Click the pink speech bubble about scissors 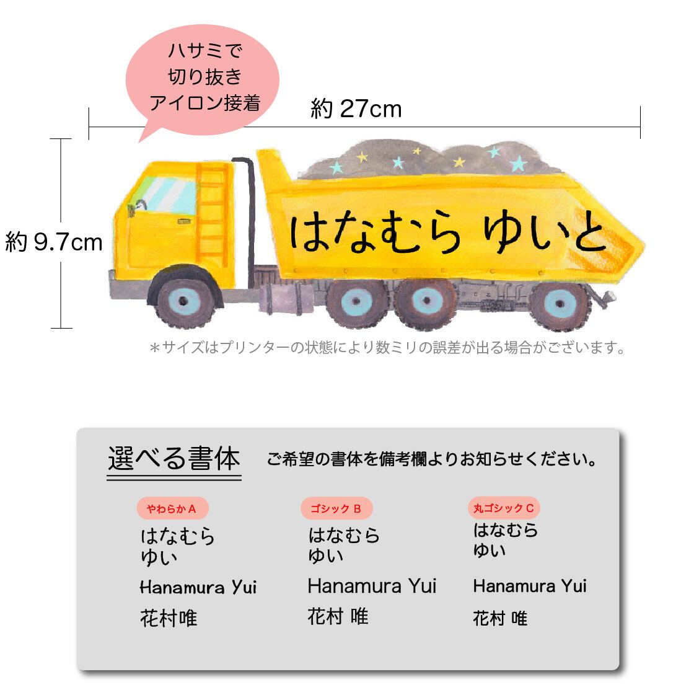click(x=203, y=77)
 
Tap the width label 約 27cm click(x=356, y=110)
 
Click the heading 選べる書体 click(x=173, y=459)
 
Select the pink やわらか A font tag click(x=172, y=509)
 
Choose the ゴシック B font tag click(x=336, y=509)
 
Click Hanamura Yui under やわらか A click(x=198, y=587)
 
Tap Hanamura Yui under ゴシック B click(x=372, y=586)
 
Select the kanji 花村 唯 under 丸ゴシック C click(x=500, y=618)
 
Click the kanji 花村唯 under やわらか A click(x=169, y=618)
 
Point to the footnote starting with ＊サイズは click(x=387, y=348)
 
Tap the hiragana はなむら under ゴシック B click(x=344, y=535)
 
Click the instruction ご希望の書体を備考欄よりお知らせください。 click(x=432, y=460)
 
